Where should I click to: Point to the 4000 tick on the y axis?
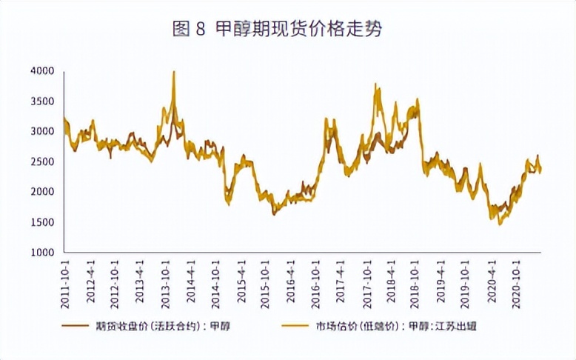pyautogui.click(x=44, y=71)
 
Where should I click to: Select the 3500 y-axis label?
pyautogui.click(x=44, y=101)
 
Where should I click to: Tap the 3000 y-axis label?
pyautogui.click(x=44, y=131)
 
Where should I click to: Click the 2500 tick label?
pyautogui.click(x=44, y=161)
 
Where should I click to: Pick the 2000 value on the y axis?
pyautogui.click(x=44, y=192)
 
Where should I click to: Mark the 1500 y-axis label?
pyautogui.click(x=44, y=222)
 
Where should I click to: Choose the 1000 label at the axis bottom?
pyautogui.click(x=44, y=253)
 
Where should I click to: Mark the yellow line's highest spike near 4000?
pyautogui.click(x=173, y=72)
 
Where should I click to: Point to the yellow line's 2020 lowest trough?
pyautogui.click(x=500, y=223)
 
